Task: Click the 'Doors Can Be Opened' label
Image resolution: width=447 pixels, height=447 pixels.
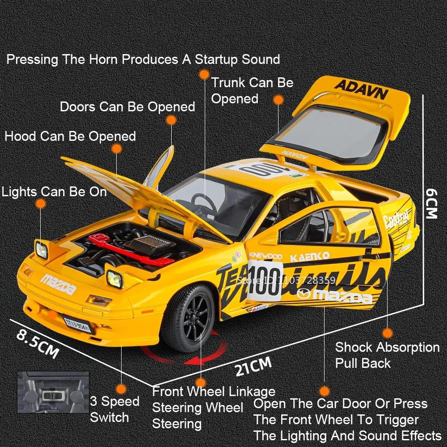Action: point(127,107)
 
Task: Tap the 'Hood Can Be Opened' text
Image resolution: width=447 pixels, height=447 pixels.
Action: point(70,136)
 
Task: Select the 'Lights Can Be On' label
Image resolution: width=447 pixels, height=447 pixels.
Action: point(54,192)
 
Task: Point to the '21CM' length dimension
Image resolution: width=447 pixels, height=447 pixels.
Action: point(253,367)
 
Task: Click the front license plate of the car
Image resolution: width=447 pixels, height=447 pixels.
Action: point(77,325)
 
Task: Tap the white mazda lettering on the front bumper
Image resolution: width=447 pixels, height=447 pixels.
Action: point(58,284)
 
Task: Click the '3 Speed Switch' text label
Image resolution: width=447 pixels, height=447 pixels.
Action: point(115,409)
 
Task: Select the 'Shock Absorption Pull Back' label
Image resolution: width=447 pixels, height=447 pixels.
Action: point(387,355)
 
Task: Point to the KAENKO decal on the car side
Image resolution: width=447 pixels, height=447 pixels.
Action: point(310,257)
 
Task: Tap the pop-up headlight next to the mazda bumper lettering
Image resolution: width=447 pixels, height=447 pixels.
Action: point(114,278)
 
